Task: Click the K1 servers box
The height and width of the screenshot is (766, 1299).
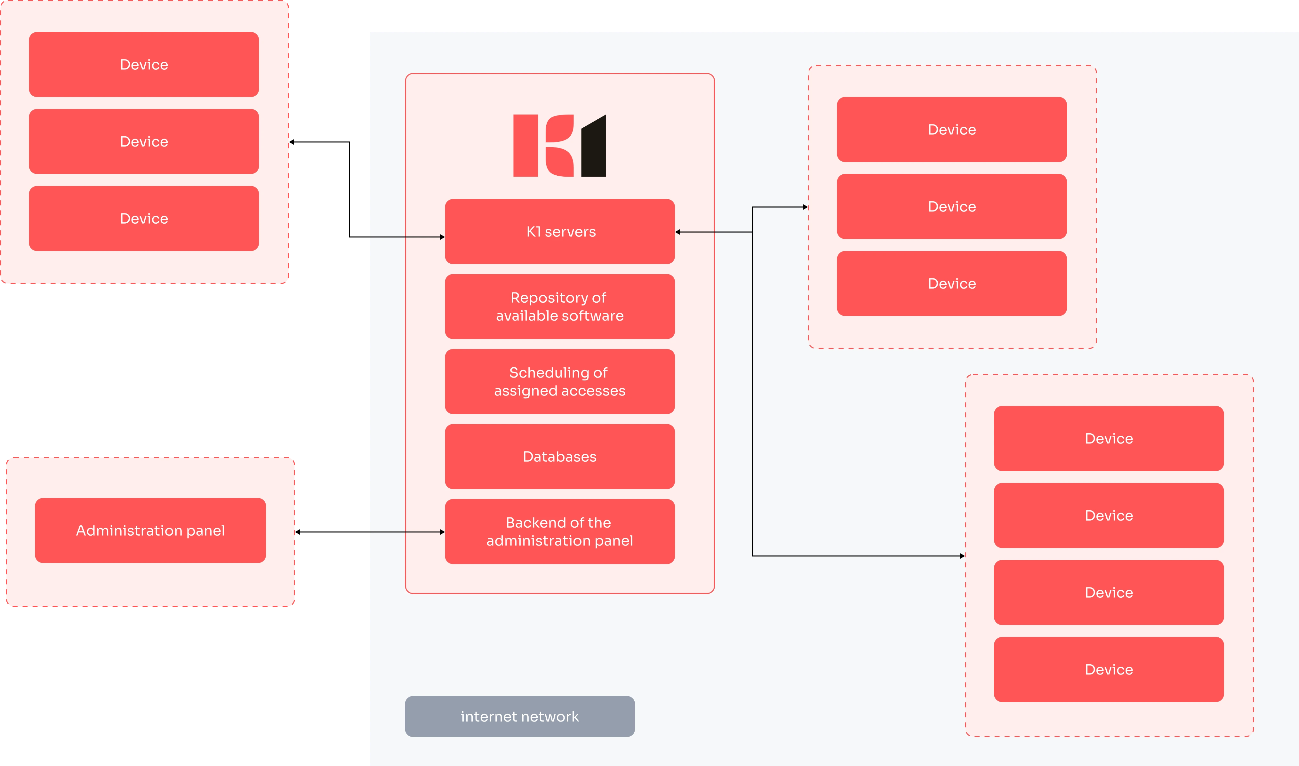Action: [560, 231]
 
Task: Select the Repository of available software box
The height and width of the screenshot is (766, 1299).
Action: [560, 306]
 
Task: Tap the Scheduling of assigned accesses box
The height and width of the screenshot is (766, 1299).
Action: [560, 381]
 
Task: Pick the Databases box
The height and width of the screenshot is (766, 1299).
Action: [560, 456]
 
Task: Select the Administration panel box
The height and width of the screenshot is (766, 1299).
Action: [150, 530]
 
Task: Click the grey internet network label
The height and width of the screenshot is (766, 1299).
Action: [519, 716]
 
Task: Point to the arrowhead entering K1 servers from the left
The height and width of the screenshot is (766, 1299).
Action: [442, 237]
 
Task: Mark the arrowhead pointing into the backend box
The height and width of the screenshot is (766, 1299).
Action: [442, 532]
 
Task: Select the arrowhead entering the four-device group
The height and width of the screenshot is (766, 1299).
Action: [962, 556]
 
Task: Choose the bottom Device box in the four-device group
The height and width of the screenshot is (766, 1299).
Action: [1109, 669]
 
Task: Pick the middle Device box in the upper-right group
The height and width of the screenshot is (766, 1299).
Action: [951, 206]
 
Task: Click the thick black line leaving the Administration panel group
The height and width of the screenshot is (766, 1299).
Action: [333, 532]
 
